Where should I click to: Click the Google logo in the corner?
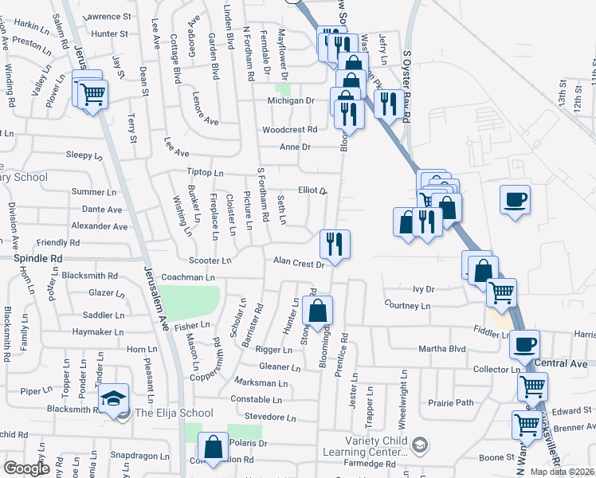pyautogui.click(x=25, y=468)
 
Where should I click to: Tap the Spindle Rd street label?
pyautogui.click(x=37, y=259)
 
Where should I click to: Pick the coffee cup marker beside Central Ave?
pyautogui.click(x=524, y=344)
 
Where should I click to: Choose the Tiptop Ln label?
pyautogui.click(x=205, y=173)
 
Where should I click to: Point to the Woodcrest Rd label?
pyautogui.click(x=290, y=129)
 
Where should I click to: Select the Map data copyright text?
pyautogui.click(x=563, y=472)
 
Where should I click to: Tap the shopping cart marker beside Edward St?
pyautogui.click(x=527, y=423)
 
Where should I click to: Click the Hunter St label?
pyautogui.click(x=110, y=33)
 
